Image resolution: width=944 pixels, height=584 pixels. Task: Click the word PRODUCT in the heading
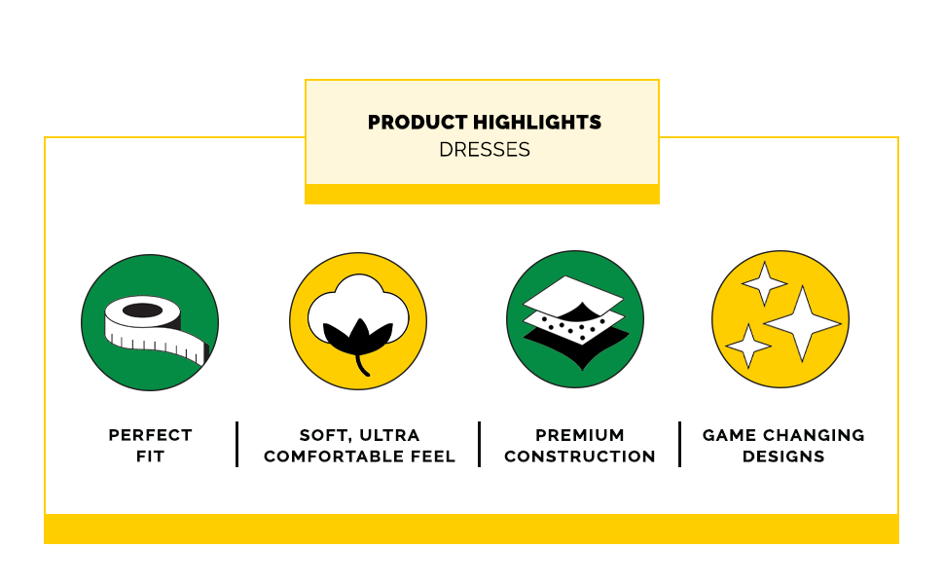coord(418,123)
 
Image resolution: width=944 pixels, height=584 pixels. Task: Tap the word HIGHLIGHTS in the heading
coord(537,123)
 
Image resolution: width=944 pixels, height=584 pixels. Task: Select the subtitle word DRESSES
coord(484,149)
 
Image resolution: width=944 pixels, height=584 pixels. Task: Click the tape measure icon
coord(150,322)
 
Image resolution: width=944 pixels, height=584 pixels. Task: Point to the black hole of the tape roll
coord(143,310)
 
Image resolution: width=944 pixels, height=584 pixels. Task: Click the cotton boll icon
coord(358,321)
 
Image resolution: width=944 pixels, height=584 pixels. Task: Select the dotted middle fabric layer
coord(574,326)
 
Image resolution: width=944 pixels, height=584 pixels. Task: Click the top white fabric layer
coord(573,296)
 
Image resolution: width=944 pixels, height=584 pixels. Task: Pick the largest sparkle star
coord(802,324)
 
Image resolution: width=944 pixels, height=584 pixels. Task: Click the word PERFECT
coord(151,435)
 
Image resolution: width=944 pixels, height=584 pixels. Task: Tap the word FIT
coord(150,456)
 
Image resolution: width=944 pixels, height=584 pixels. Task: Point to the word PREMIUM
coord(580,435)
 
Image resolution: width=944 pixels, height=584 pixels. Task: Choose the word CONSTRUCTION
coord(580,456)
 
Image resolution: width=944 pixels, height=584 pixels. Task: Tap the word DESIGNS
coord(783,456)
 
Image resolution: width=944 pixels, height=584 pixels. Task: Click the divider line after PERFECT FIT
coord(237,444)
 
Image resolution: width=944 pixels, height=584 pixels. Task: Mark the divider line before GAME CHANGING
coord(679,444)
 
